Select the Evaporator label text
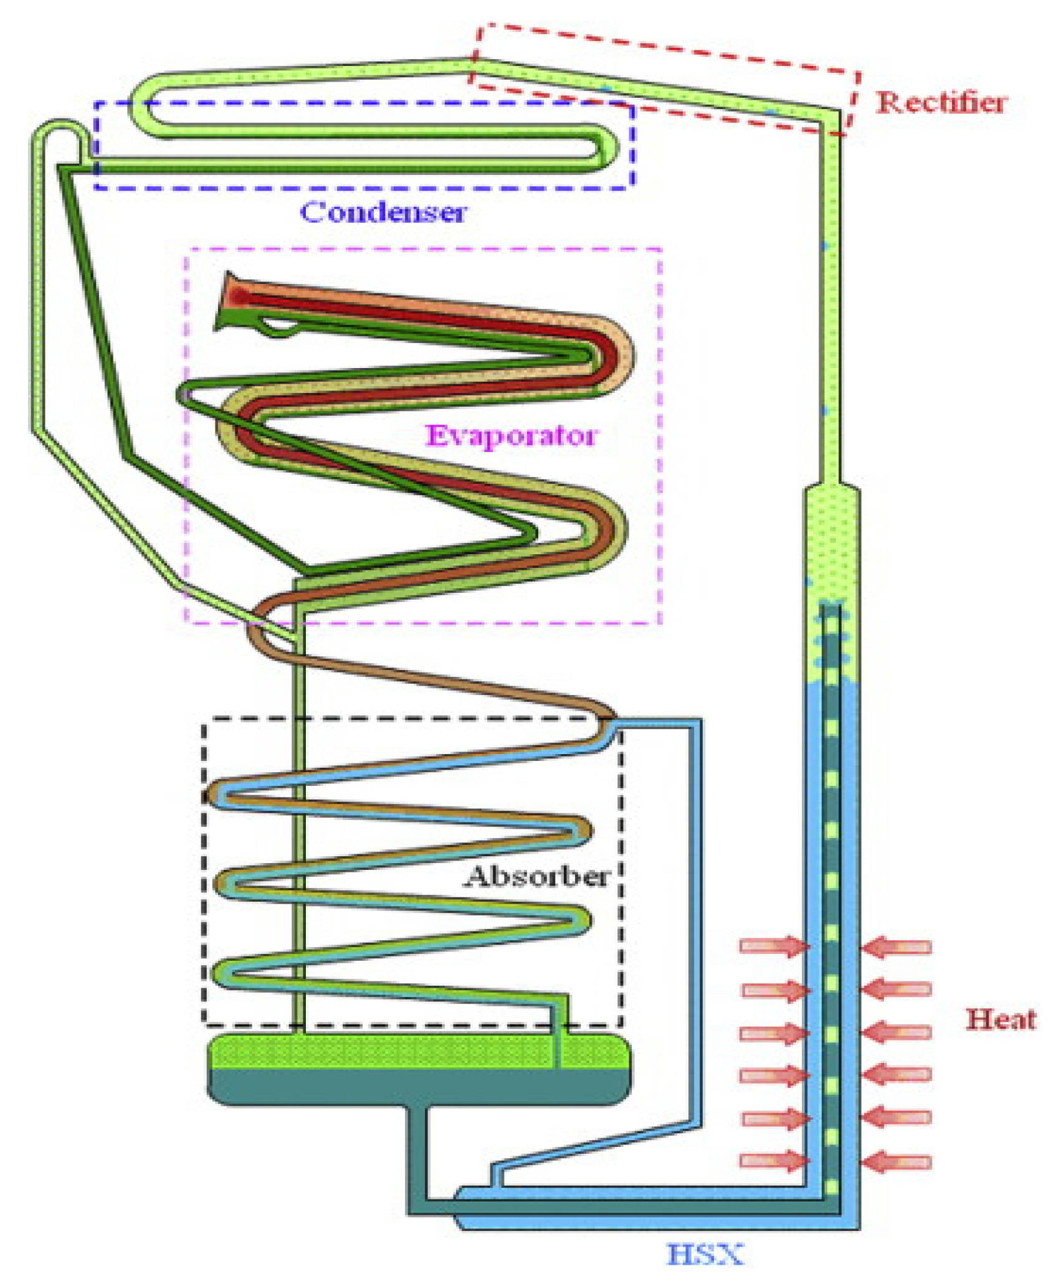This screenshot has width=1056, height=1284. [511, 436]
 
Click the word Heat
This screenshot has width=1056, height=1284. [1001, 1020]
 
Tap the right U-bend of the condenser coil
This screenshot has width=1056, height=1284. [607, 149]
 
